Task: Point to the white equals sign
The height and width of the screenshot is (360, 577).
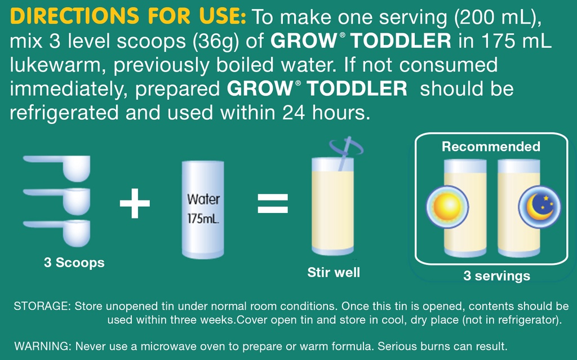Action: coord(273,204)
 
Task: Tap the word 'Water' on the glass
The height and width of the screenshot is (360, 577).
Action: coord(203,199)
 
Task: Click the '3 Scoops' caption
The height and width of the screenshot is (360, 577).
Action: coord(74,263)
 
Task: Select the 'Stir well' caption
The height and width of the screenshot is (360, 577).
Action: coord(334,273)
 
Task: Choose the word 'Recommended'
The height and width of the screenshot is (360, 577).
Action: coord(491,147)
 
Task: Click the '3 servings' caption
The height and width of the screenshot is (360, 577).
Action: coord(496,276)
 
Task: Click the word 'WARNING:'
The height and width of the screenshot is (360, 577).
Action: coord(42,345)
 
